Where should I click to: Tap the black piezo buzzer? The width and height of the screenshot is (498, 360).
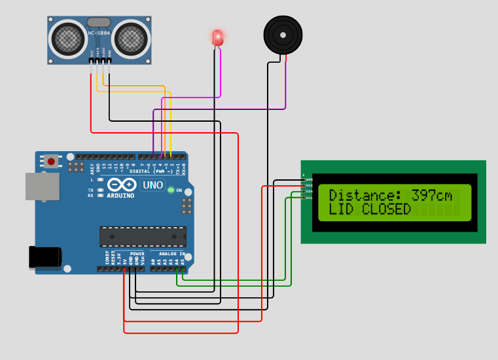283,35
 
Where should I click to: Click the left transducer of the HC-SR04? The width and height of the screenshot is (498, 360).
68,39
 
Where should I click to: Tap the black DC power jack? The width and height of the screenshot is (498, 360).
44,257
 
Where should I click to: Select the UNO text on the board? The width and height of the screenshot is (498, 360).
152,185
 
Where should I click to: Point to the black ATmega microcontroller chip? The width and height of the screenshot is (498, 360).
143,236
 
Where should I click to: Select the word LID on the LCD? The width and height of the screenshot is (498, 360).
341,209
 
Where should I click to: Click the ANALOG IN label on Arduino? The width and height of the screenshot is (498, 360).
168,253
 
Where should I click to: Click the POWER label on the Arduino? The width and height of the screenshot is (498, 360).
137,253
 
